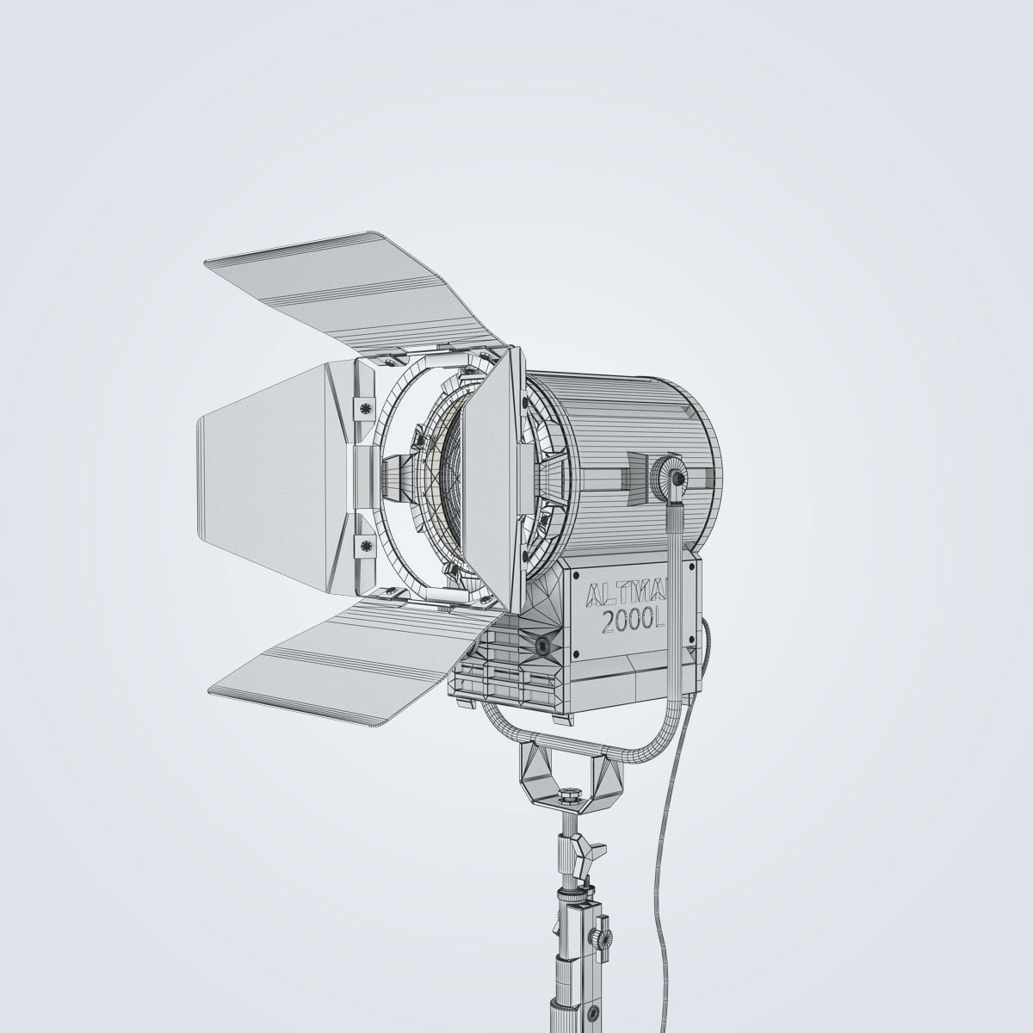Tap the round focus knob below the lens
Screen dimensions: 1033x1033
(x=542, y=645)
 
